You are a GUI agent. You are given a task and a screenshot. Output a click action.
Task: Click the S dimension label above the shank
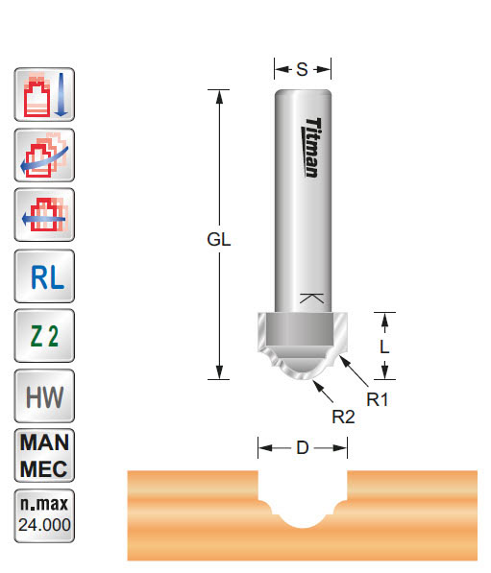point(302,68)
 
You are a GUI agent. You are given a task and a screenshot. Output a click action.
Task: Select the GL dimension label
point(219,240)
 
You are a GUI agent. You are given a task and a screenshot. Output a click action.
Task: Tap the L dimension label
point(384,347)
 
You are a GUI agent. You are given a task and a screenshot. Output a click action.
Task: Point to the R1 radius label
point(379,398)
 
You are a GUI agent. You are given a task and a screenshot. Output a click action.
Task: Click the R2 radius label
point(343,417)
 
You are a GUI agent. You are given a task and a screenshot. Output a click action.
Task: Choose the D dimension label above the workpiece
point(302,447)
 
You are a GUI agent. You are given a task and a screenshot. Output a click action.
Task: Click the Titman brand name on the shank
point(313,147)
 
